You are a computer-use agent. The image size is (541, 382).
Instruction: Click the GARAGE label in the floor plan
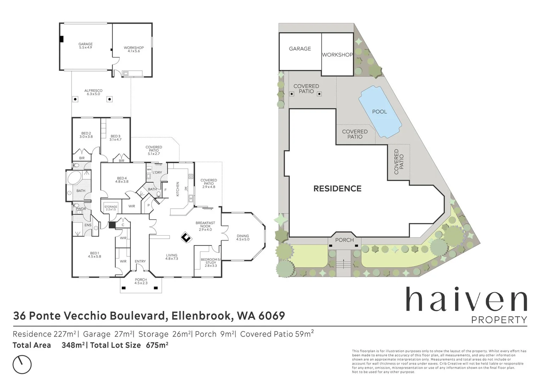point(85,46)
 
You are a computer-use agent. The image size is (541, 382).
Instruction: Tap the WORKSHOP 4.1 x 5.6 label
point(134,49)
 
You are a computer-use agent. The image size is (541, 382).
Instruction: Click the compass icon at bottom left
point(22,364)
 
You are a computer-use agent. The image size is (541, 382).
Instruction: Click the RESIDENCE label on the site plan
point(337,189)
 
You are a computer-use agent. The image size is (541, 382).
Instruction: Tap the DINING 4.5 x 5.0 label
point(243,237)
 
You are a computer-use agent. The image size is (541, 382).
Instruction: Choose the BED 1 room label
point(94,255)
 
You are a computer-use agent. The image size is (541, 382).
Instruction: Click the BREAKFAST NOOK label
point(205,226)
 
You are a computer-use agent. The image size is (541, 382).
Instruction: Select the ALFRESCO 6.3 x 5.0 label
point(93,92)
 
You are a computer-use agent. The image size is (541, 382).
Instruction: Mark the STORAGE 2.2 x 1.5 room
point(111,208)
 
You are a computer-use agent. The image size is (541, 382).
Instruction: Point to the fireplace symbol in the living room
point(186,238)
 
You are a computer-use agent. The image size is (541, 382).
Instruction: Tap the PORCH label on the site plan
point(344,240)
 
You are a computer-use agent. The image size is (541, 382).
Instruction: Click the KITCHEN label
point(177,189)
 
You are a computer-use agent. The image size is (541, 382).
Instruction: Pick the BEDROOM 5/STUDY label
point(211,262)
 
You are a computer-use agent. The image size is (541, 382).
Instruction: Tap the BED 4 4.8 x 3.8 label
point(122,180)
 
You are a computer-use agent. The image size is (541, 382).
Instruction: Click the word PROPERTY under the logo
point(499,320)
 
